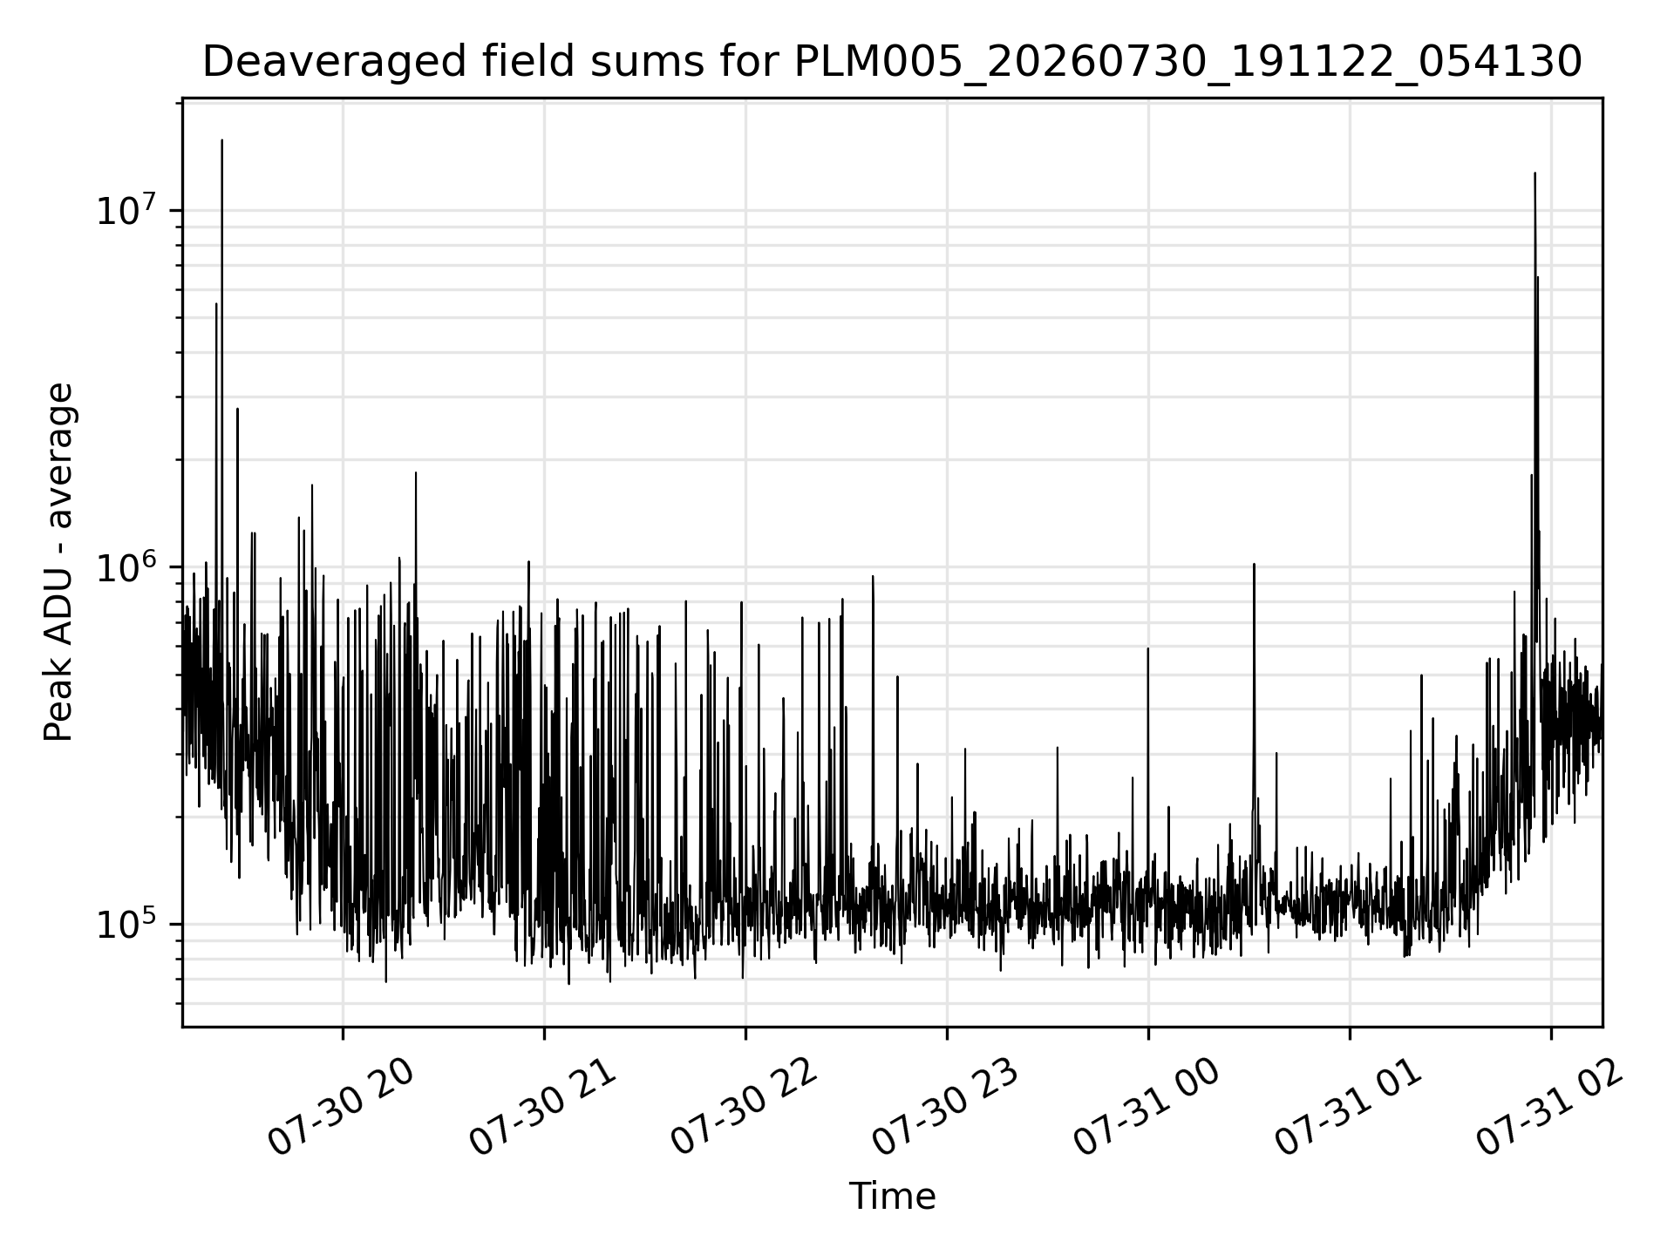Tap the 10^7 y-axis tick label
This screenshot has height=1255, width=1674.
point(130,211)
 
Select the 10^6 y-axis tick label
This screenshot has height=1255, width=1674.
point(130,567)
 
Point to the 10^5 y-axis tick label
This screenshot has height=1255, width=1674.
point(130,924)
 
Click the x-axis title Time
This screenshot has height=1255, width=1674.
point(892,1197)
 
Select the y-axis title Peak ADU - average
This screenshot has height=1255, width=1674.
point(58,562)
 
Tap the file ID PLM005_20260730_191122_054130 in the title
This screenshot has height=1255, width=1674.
point(1187,63)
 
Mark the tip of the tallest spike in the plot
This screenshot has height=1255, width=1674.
point(221,139)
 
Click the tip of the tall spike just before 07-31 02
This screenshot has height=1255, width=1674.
point(1534,173)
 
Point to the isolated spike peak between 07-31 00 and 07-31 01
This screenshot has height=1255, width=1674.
point(1254,564)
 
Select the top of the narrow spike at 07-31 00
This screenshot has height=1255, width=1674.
point(1147,648)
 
